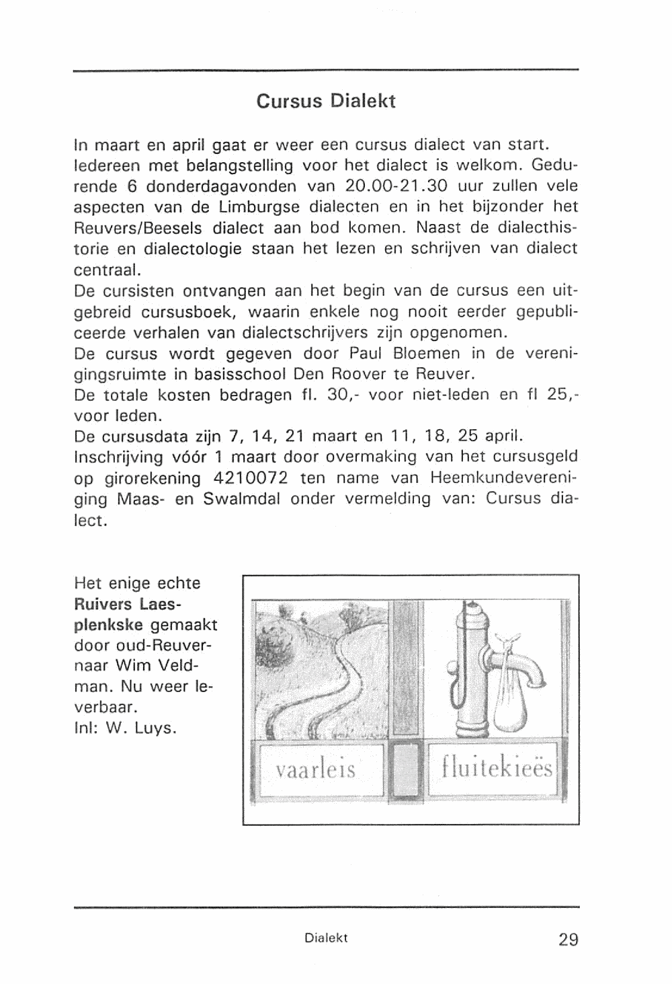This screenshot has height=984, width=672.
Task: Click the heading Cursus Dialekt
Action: [x=326, y=102]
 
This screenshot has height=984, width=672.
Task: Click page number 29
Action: [x=568, y=939]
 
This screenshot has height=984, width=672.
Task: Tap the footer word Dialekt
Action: [x=326, y=938]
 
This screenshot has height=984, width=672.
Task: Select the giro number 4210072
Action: [x=251, y=478]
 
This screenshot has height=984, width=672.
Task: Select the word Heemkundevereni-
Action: [x=504, y=478]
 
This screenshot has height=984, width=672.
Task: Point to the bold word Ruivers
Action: [x=103, y=603]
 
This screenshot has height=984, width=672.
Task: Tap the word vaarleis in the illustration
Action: [x=316, y=768]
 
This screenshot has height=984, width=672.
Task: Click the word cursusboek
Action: [x=187, y=312]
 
